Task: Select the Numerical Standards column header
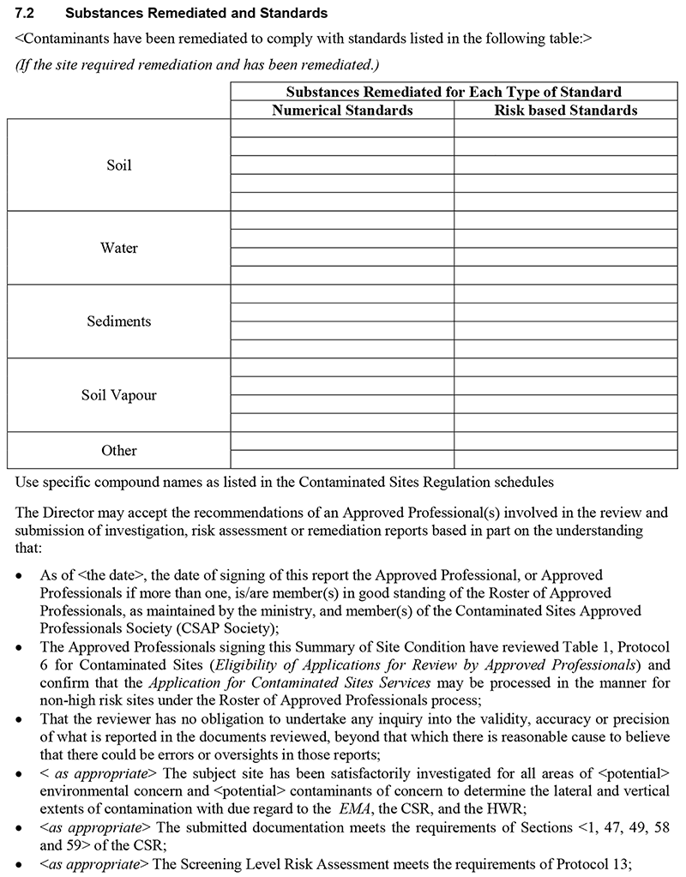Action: (x=342, y=111)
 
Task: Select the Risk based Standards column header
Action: (x=566, y=111)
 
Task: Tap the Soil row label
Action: (x=119, y=165)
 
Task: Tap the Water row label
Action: (x=119, y=249)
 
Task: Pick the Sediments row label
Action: (x=119, y=321)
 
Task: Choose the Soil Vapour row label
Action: (x=119, y=396)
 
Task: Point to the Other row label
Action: (x=119, y=451)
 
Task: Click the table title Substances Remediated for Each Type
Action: (x=454, y=93)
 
